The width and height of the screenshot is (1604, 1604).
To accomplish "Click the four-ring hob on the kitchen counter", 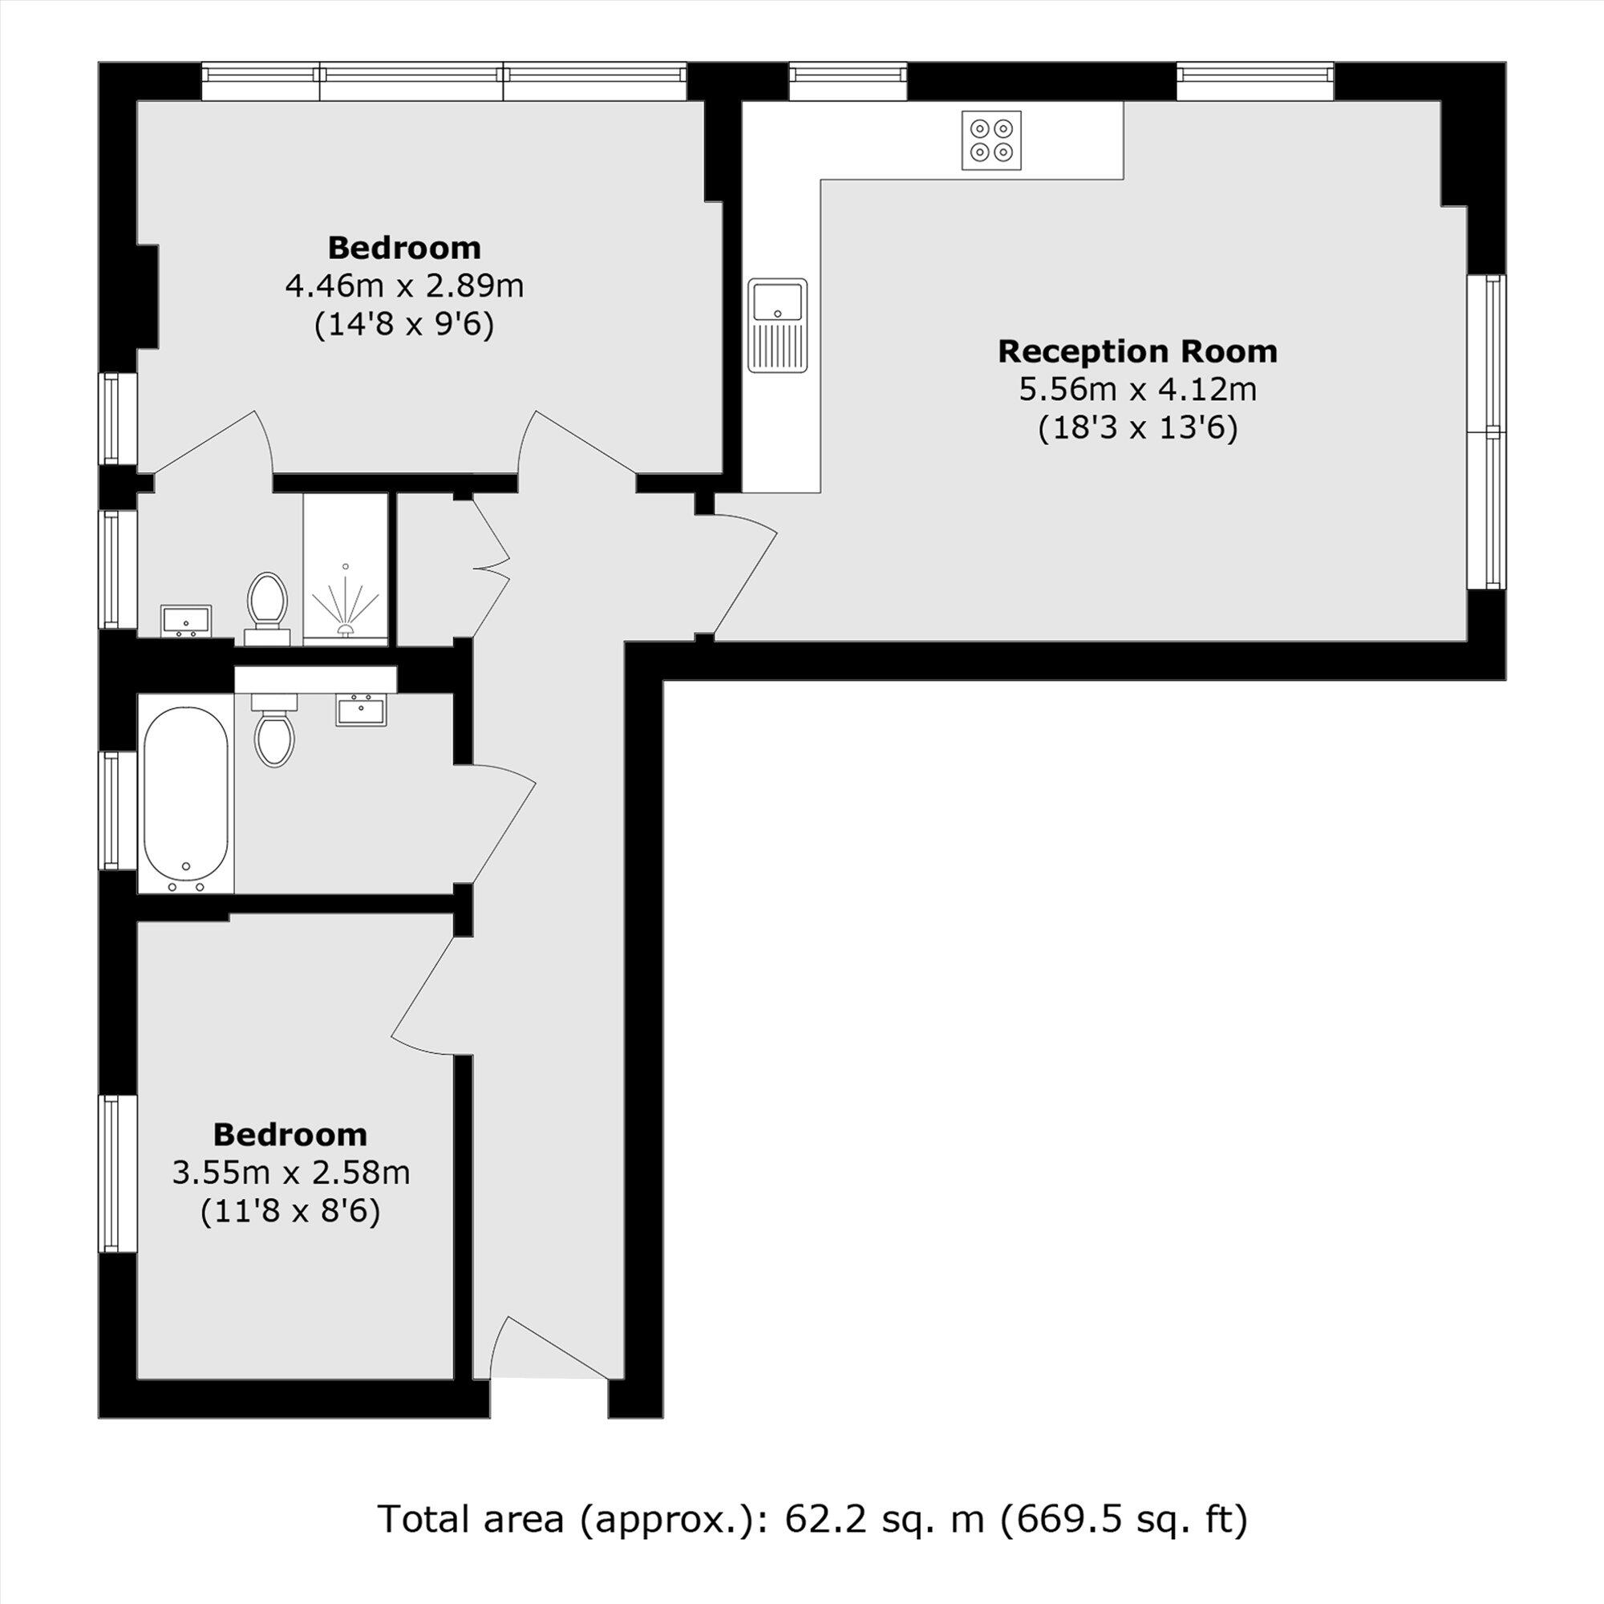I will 991,140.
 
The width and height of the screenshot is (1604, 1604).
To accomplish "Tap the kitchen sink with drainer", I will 777,325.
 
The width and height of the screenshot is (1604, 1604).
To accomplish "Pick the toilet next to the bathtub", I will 274,731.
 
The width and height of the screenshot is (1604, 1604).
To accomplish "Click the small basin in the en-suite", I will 186,619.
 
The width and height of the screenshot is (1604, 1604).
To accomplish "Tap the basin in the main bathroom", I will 361,711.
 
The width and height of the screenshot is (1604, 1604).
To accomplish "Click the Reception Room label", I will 1136,351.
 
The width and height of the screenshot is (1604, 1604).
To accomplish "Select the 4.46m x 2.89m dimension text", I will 404,286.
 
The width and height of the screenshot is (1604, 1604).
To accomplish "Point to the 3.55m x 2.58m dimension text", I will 290,1173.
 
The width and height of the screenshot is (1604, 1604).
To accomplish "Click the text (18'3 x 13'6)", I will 1137,428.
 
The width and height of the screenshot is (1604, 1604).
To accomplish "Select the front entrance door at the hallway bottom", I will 548,1349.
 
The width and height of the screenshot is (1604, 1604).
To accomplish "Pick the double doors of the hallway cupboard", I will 490,569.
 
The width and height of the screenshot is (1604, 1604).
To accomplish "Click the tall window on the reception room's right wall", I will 1485,431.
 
